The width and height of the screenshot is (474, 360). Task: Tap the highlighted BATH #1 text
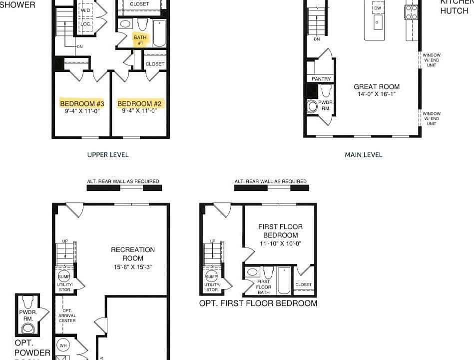140,40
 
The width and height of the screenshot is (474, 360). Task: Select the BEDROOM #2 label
140,103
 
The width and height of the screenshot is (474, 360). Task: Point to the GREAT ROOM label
377,86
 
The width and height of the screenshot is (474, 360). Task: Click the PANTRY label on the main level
321,79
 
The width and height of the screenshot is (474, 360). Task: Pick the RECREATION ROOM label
133,253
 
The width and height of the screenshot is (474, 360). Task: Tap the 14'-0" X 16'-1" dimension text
377,94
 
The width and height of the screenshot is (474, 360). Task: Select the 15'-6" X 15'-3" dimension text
133,267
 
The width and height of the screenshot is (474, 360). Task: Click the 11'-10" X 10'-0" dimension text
280,244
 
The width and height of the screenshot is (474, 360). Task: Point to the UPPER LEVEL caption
108,155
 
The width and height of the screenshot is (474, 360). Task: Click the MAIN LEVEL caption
363,155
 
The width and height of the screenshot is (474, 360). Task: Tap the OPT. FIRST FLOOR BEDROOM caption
258,303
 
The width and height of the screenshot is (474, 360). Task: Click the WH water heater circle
63,345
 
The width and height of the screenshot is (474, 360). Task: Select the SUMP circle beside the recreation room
64,276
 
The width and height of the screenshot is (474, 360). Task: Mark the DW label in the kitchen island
378,8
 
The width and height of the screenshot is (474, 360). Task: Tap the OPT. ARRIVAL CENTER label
67,315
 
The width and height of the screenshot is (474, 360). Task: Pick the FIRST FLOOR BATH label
263,287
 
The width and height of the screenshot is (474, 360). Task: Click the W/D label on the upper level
85,10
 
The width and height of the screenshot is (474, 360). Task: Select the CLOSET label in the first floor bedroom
304,284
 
